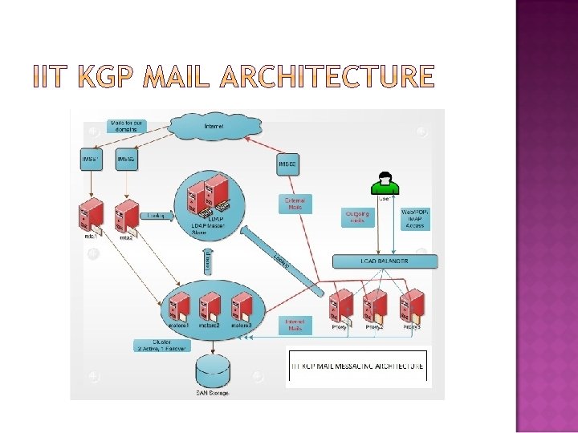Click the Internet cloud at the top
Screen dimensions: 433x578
(214, 126)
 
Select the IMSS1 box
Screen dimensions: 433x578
(90, 159)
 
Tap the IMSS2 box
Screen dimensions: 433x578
(126, 159)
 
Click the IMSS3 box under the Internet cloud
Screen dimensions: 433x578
(287, 164)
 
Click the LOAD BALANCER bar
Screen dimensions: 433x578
(385, 261)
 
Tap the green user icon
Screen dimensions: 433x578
(385, 184)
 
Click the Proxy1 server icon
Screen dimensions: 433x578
(341, 307)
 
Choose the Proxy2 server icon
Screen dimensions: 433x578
(375, 307)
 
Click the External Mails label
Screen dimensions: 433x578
(295, 204)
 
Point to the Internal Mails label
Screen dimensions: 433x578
(294, 325)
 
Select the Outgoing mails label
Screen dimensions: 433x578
(357, 217)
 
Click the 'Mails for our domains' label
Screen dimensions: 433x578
(127, 126)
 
